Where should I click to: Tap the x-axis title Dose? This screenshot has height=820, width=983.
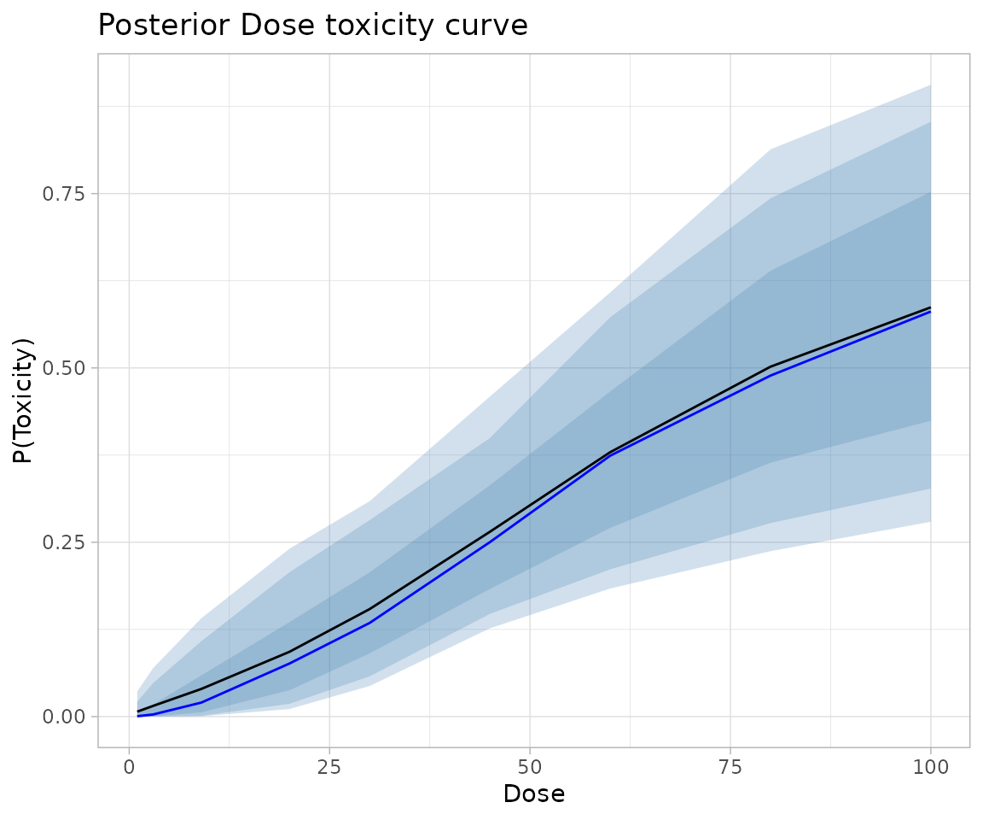pos(533,794)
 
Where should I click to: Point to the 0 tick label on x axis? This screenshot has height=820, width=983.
pos(129,767)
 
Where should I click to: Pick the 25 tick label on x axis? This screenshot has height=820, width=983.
pos(329,767)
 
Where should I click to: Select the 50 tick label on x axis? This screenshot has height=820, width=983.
pos(529,767)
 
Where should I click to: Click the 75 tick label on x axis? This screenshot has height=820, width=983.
pos(730,767)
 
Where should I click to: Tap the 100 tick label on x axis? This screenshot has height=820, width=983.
pos(930,767)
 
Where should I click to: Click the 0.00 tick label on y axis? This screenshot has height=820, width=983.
pos(65,717)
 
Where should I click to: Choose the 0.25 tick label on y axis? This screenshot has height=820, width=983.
pos(65,542)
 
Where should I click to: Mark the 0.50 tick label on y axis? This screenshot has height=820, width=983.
pos(65,368)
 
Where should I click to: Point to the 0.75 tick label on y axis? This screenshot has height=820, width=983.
pos(65,194)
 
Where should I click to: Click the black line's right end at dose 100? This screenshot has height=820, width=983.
pos(930,307)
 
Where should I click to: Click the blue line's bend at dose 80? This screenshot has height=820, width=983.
pos(770,375)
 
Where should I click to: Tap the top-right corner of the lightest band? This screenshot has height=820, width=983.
pos(930,85)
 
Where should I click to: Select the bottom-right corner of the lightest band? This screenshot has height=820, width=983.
pos(930,521)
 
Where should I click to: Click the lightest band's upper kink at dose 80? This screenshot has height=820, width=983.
pos(770,150)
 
